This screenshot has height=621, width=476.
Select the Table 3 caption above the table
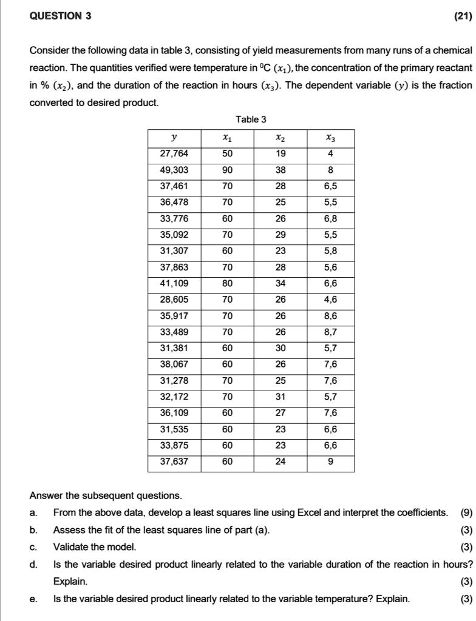pos(251,119)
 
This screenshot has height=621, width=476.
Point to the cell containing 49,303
pos(174,170)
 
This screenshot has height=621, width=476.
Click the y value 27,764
pos(174,154)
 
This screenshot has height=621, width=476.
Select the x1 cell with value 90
pos(227,170)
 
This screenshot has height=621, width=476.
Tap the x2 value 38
pos(279,170)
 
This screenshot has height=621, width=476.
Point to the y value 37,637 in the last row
pos(174,461)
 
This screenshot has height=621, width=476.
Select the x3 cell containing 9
pos(330,461)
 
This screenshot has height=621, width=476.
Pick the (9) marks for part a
pos(466,513)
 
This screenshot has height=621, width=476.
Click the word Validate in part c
pos(72,548)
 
